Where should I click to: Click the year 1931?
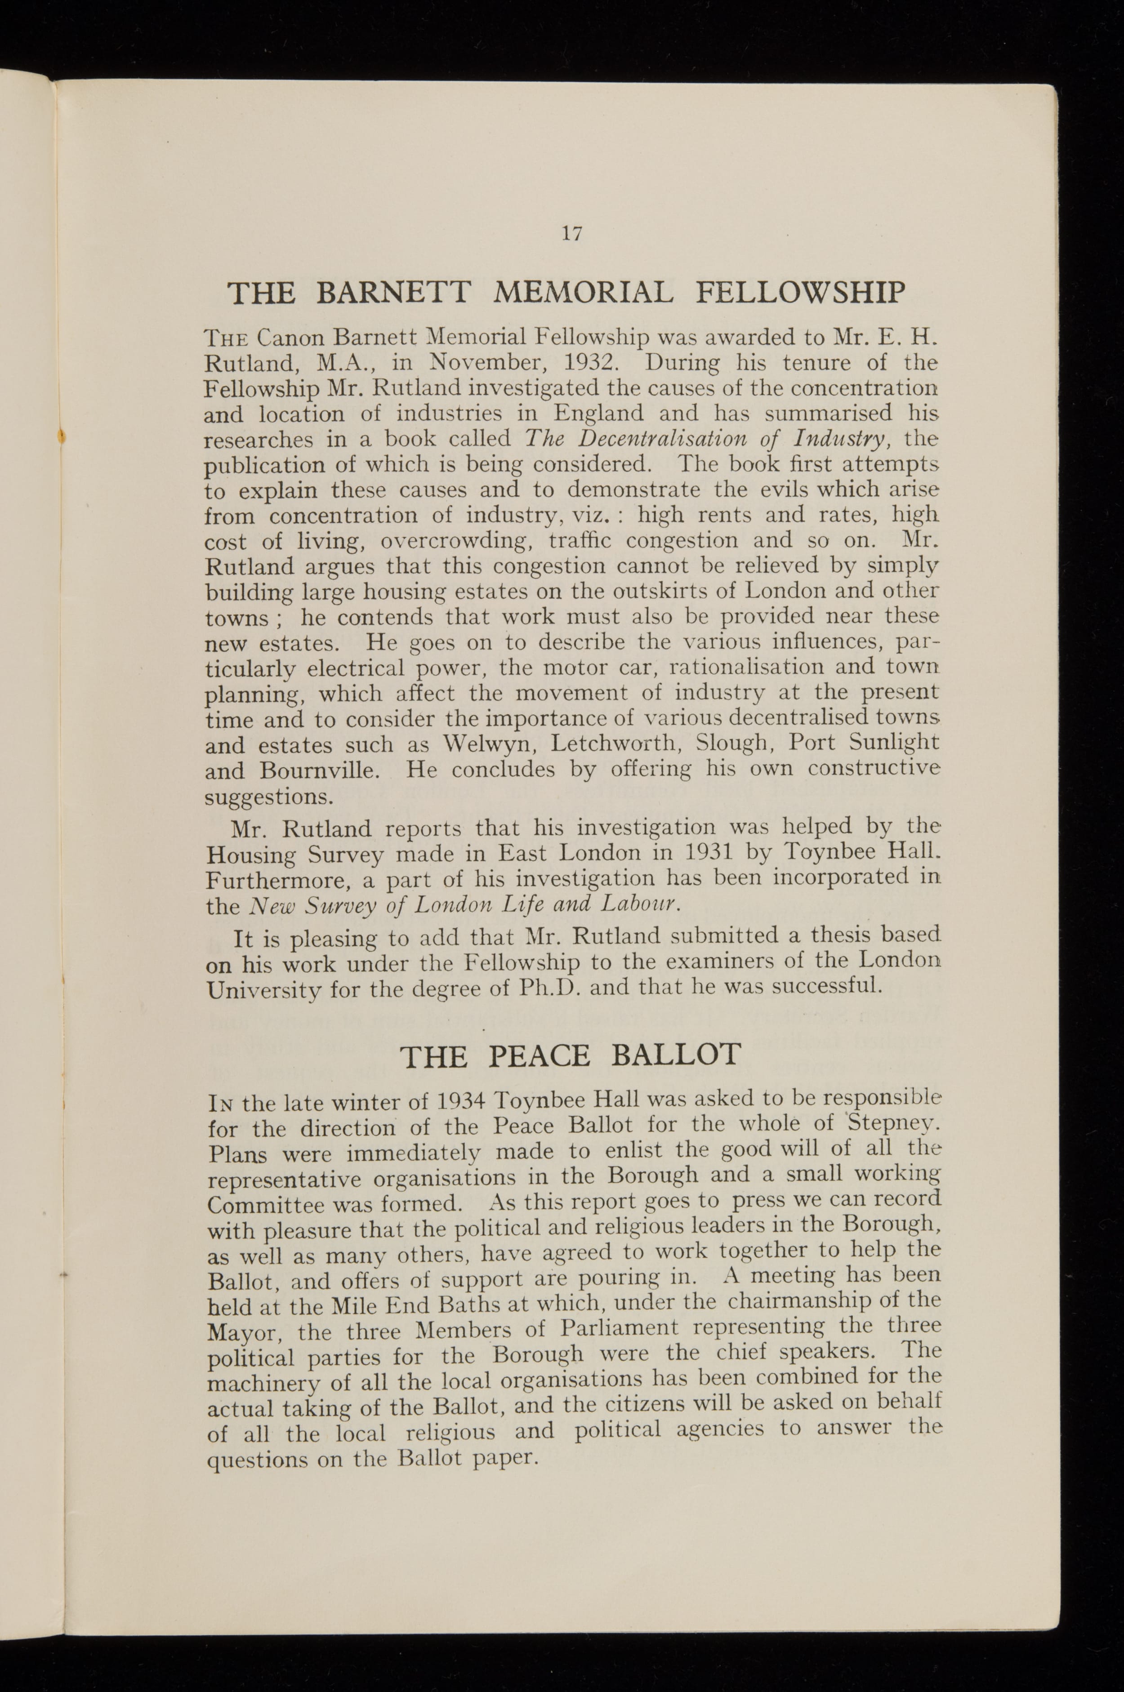[702, 852]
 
